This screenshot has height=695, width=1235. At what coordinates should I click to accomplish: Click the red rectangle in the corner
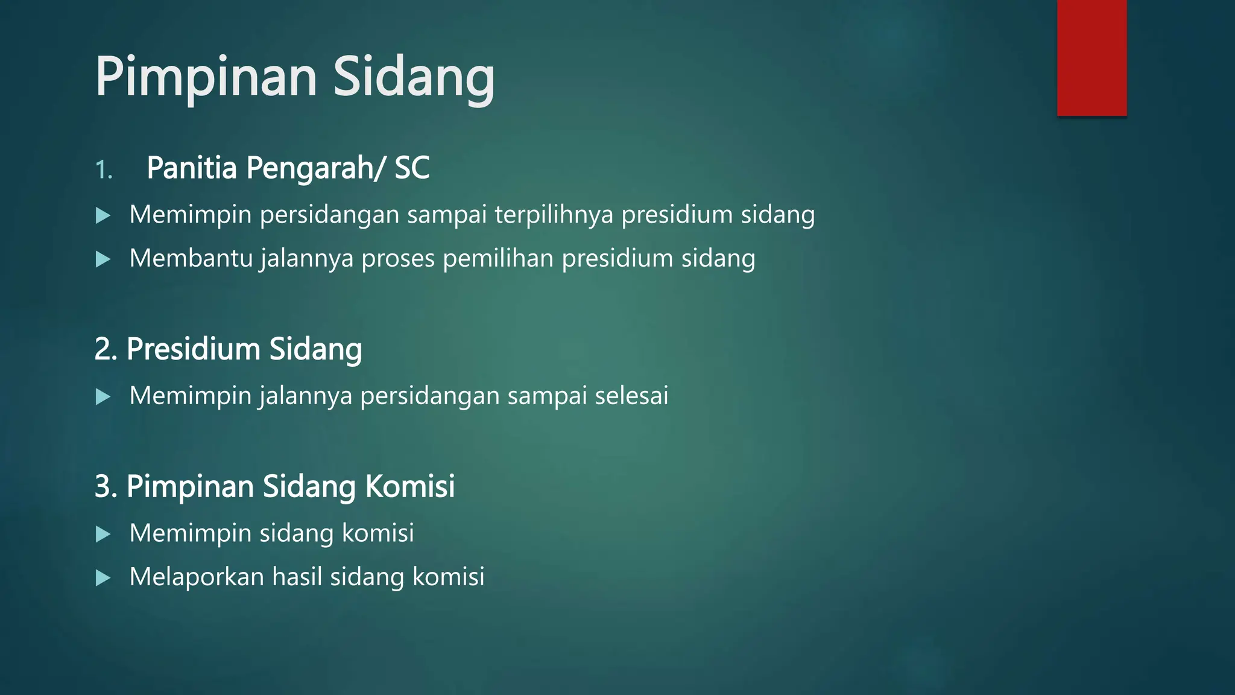pos(1091,57)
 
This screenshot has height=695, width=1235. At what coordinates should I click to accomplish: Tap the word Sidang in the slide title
pos(414,77)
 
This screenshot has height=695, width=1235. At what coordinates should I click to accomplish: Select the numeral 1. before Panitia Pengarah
pos(104,170)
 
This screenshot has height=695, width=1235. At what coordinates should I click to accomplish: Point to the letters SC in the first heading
pos(412,168)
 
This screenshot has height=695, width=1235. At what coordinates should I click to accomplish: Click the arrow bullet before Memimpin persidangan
pos(103,215)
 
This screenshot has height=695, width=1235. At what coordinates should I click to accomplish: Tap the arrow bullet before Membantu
pos(103,259)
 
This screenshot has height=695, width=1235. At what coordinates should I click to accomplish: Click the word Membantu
pos(191,258)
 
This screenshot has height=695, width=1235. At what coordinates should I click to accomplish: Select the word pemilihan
pos(498,258)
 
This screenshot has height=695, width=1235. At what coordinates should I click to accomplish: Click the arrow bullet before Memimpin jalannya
pos(103,396)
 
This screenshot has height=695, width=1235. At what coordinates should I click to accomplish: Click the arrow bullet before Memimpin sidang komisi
pos(103,534)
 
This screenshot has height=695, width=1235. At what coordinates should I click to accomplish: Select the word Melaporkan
pos(197,577)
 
